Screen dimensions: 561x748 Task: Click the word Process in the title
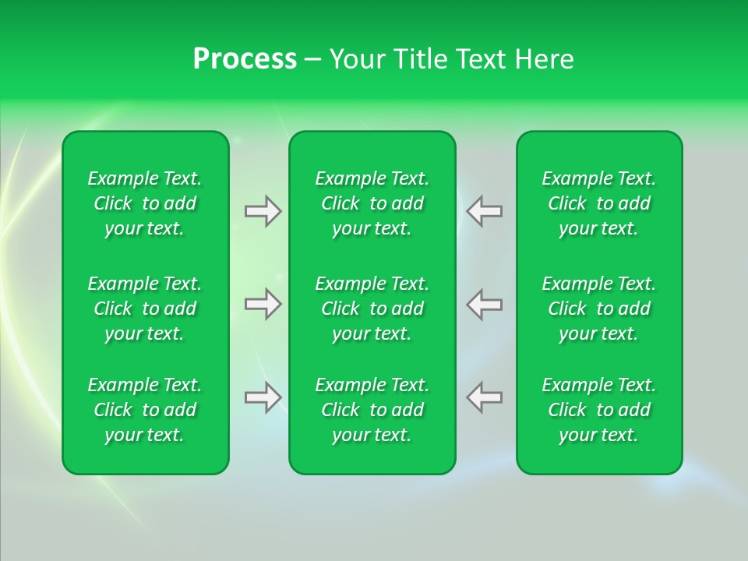(245, 59)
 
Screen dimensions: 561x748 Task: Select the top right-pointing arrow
(263, 211)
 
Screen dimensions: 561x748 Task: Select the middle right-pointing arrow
(263, 304)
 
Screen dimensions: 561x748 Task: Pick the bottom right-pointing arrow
(263, 397)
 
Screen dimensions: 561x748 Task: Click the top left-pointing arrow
(485, 211)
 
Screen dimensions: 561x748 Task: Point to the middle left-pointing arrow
(485, 304)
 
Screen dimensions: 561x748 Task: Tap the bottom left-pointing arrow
(485, 397)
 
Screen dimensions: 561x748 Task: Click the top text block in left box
(145, 203)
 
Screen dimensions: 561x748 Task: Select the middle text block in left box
(145, 309)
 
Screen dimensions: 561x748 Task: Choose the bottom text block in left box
(145, 410)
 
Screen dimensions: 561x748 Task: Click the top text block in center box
(372, 203)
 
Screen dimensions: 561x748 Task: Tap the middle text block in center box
(372, 309)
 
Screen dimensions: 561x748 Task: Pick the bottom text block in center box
(372, 410)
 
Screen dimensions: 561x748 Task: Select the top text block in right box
(599, 203)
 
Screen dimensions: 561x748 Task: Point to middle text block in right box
(599, 309)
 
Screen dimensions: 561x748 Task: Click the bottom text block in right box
(599, 410)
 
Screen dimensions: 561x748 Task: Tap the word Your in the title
(356, 59)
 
